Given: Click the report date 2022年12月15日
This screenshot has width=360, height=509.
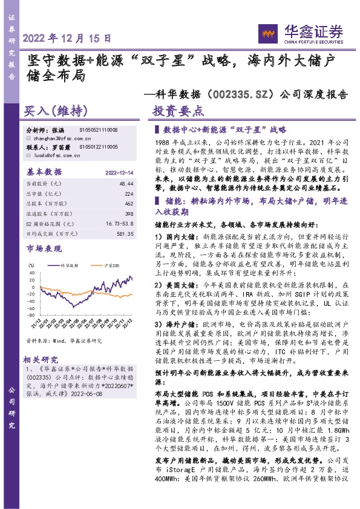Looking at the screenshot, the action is pos(67,37).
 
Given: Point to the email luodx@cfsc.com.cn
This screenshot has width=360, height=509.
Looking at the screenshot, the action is pos(51,155).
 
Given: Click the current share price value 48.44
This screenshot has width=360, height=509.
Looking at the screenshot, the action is pos(126,183).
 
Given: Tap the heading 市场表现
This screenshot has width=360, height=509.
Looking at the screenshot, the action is pos(44,249).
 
